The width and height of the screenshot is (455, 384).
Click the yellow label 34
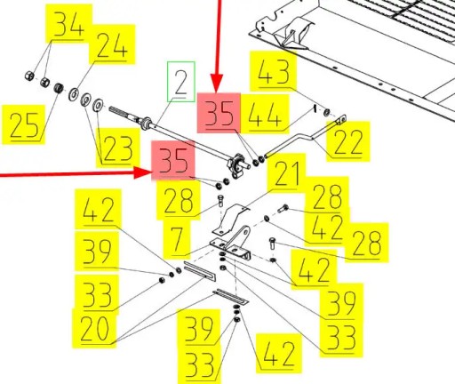click(68, 24)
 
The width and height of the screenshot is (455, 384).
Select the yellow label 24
click(112, 44)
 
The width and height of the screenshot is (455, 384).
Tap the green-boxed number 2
click(181, 82)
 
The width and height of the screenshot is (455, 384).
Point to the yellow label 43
click(273, 71)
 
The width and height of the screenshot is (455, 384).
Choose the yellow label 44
click(265, 114)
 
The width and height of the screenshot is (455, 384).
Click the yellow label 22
click(348, 141)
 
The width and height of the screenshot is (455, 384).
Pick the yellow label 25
click(24, 124)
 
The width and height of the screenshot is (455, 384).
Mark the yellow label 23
click(118, 148)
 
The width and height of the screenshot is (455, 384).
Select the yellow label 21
click(286, 173)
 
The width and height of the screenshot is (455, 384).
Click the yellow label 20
click(94, 328)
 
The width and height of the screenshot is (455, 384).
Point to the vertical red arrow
click(217, 46)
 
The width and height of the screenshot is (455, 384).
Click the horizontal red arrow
click(76, 173)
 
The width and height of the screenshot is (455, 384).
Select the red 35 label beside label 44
click(219, 113)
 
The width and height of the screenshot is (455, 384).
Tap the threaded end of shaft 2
click(122, 113)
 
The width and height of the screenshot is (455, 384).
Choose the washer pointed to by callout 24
click(74, 94)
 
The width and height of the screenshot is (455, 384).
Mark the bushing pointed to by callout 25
click(59, 88)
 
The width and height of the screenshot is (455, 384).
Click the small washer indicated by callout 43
click(327, 112)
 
